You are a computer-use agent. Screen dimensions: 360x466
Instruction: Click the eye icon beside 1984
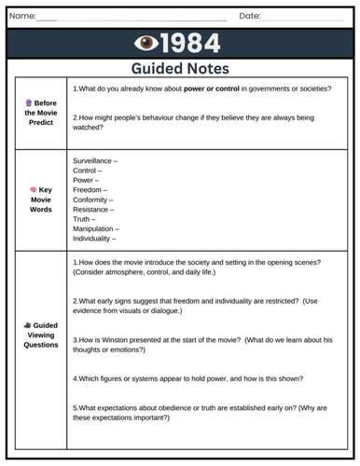coord(146,43)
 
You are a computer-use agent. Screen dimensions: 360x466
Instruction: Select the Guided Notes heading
coord(180,68)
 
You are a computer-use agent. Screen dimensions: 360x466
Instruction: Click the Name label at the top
coord(22,16)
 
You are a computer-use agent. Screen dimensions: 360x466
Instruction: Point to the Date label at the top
coord(249,16)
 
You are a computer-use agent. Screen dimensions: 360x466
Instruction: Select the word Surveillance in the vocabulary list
coord(93,161)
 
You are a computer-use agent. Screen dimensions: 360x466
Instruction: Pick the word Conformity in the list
coord(91,199)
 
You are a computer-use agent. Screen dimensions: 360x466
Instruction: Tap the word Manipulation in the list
coord(94,228)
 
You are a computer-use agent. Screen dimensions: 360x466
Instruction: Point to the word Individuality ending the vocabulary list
coord(94,239)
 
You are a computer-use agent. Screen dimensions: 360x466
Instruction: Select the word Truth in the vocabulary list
coord(83,219)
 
